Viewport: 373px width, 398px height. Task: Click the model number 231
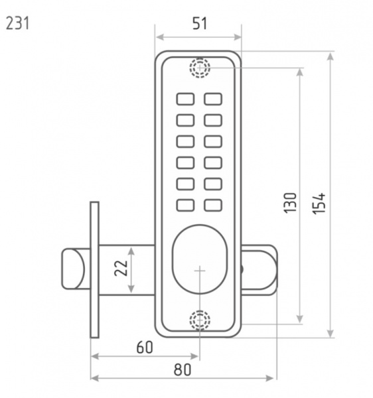pyautogui.click(x=17, y=23)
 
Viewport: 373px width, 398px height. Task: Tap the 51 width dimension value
pyautogui.click(x=200, y=23)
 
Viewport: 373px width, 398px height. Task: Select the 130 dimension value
pyautogui.click(x=290, y=203)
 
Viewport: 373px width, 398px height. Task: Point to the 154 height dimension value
pyautogui.click(x=319, y=204)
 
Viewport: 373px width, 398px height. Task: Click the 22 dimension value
pyautogui.click(x=121, y=268)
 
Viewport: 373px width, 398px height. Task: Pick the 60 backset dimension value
pyautogui.click(x=145, y=347)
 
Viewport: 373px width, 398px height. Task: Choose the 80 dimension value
pyautogui.click(x=182, y=369)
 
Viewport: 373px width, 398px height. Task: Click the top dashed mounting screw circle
pyautogui.click(x=200, y=68)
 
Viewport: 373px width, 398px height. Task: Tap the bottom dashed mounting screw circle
pyautogui.click(x=200, y=320)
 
